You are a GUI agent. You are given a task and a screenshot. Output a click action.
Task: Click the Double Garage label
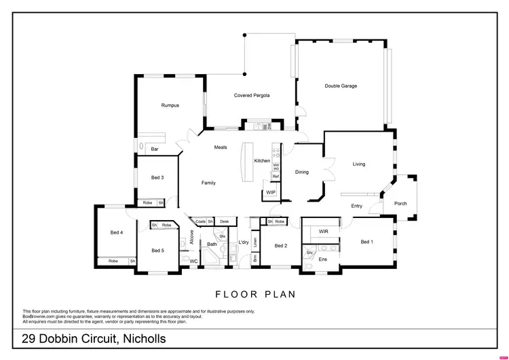(341, 86)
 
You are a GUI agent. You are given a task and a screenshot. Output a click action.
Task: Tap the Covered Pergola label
(252, 96)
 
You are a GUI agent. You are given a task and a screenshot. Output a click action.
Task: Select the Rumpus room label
(170, 105)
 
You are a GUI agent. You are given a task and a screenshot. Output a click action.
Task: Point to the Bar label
(155, 149)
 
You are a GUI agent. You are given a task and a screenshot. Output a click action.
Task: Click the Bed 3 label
(157, 177)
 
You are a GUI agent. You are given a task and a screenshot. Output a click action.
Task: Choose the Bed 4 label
(116, 232)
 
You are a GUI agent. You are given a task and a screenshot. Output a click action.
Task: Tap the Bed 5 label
(157, 251)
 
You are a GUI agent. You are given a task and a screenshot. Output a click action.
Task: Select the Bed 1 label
(367, 242)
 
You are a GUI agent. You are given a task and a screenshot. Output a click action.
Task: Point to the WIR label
(324, 232)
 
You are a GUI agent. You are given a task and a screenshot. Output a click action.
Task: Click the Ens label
(323, 259)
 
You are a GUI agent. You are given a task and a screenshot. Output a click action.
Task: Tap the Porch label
(400, 203)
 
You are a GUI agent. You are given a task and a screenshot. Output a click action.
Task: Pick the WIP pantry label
(271, 193)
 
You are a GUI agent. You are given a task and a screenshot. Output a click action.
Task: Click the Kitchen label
(262, 161)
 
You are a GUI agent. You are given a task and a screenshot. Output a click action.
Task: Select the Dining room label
(302, 172)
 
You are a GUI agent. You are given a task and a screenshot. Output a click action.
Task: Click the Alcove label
(192, 237)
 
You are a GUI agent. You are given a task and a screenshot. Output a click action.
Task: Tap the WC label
(193, 261)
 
